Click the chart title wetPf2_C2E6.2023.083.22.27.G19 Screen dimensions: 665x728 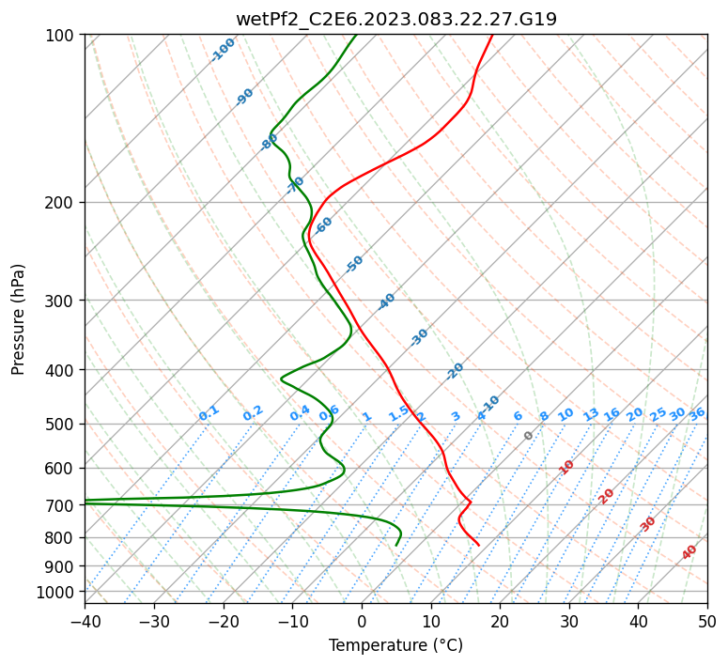point(395,19)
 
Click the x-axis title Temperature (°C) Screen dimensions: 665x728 point(395,645)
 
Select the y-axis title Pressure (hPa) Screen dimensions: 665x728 point(18,319)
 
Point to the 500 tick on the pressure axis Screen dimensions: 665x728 point(63,424)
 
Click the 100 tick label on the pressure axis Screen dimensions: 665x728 point(63,35)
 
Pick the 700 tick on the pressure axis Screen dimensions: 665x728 point(63,505)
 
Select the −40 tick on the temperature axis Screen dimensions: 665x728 point(85,621)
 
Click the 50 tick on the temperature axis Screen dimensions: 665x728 point(707,621)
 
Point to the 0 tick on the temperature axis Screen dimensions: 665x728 point(362,621)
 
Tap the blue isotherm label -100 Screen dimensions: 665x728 point(223,50)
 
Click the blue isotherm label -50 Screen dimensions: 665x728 point(354,264)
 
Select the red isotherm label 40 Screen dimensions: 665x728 point(689,552)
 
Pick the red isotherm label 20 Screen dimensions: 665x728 point(607,495)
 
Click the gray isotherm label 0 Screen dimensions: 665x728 point(529,436)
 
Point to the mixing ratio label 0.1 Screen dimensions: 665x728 point(209,412)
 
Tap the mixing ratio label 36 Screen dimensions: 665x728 point(697,413)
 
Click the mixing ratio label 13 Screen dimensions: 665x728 point(591,414)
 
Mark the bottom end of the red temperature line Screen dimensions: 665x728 point(479,545)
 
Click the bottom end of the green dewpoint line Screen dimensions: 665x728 point(396,545)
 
